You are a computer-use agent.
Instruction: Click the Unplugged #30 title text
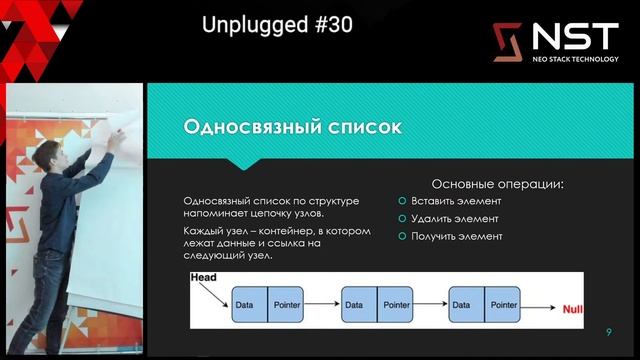(277, 25)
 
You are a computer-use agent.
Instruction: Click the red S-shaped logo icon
(508, 41)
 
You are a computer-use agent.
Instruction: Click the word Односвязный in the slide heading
(244, 127)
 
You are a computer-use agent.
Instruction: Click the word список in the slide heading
(361, 127)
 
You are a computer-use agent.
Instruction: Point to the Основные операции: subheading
(496, 184)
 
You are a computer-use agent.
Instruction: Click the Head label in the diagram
(206, 279)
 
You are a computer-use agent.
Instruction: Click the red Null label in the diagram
(573, 309)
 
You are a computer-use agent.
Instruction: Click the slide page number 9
(608, 332)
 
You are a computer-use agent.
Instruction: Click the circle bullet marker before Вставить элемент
(402, 201)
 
